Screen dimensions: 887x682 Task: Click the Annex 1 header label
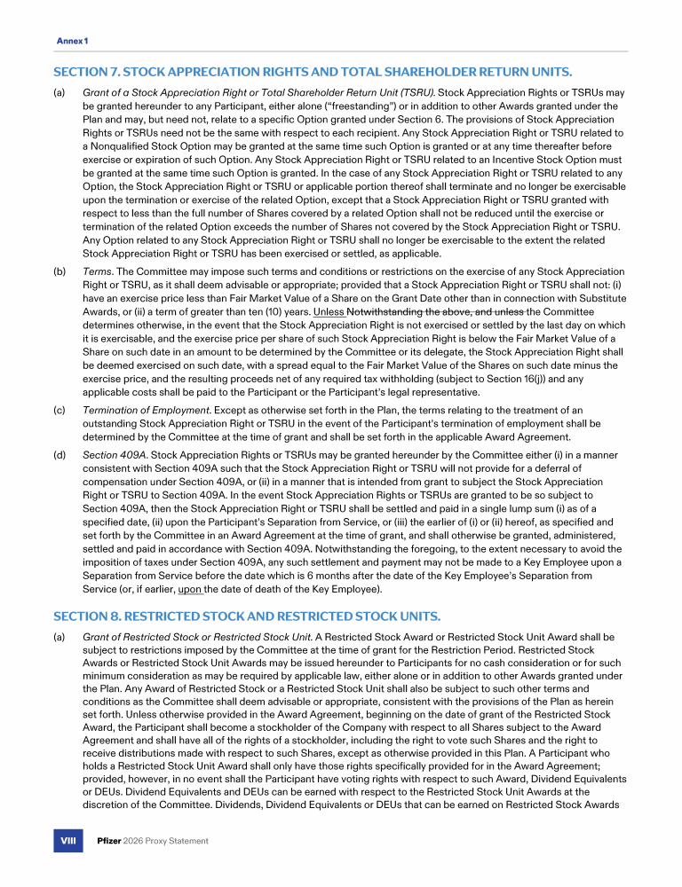[72, 42]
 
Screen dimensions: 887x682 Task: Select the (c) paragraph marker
[59, 411]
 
